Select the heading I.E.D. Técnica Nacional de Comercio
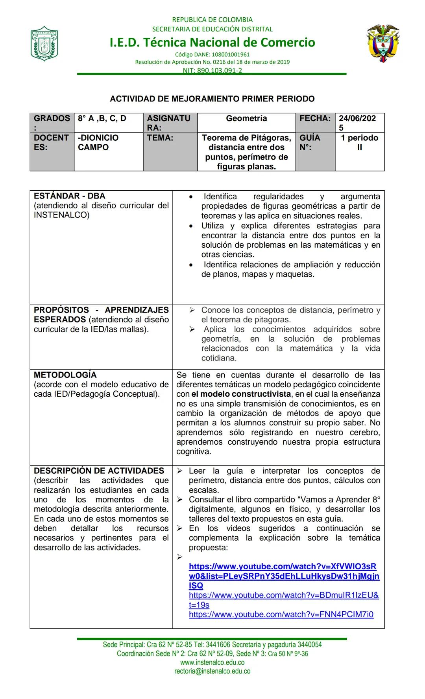[212, 42]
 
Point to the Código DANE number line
[212, 55]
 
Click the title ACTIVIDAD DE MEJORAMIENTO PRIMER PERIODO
[212, 99]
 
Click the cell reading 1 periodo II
[359, 142]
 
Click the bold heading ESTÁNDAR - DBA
[69, 196]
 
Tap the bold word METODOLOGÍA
[65, 375]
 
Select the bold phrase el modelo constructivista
[241, 394]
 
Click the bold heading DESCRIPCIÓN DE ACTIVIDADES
[99, 471]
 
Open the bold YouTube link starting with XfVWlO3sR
[283, 576]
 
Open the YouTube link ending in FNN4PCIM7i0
[281, 614]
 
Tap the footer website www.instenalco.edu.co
[212, 662]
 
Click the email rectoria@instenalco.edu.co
[212, 671]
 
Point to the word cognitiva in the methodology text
[194, 451]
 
